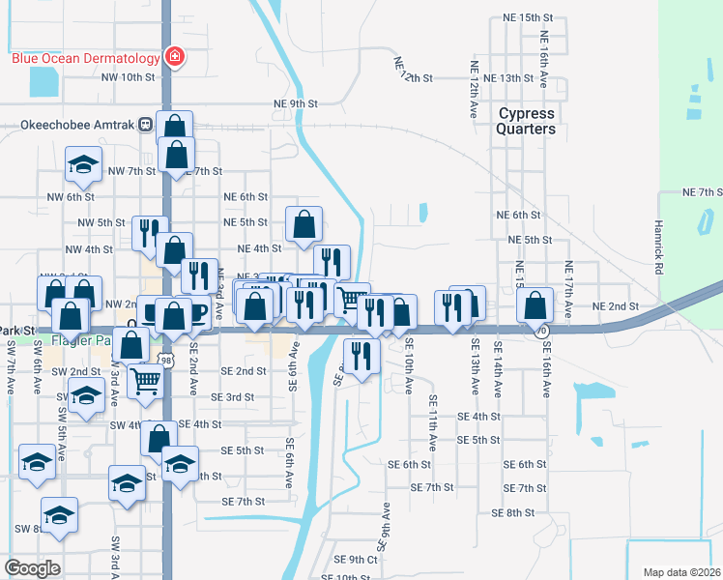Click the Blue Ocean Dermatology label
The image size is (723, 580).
pos(85,57)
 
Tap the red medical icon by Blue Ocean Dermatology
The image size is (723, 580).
pos(174,57)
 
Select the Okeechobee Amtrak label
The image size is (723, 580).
pos(78,124)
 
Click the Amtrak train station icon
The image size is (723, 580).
pos(145,124)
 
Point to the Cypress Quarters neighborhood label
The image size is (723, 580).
pos(527,121)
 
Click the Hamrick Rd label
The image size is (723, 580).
pos(661,259)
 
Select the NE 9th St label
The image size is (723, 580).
pos(296,103)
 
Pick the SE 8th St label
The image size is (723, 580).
pos(513,512)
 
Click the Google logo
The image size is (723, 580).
pos(32,568)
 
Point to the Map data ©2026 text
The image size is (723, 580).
pos(681,572)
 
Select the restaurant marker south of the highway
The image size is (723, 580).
pos(361,355)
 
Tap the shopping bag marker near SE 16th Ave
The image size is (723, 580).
pos(535,305)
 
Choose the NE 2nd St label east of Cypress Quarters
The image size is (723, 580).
pos(616,306)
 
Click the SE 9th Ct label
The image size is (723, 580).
pos(355,559)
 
